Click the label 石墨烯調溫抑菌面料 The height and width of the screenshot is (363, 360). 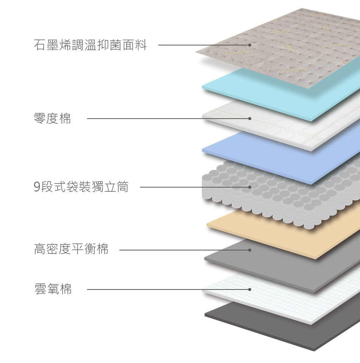point(90,45)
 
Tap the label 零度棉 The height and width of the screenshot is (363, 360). point(52,119)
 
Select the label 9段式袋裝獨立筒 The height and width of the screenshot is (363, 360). point(81,187)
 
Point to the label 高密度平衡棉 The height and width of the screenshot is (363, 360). point(71,249)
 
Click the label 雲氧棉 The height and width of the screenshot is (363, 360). point(53,289)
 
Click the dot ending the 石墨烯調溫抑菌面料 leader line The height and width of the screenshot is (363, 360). point(250,45)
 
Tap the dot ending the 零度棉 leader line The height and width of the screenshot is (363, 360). point(250,119)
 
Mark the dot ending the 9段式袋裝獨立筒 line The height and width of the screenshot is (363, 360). point(250,187)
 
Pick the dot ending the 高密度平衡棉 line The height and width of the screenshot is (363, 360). point(250,250)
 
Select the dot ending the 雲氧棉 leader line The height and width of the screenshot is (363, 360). point(250,289)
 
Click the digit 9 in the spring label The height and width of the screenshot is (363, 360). point(37,187)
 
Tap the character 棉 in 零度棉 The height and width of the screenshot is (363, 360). point(65,119)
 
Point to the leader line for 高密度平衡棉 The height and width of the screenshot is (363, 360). point(182,250)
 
